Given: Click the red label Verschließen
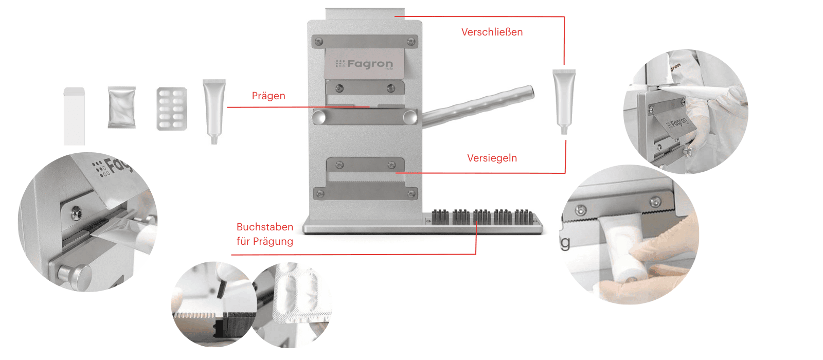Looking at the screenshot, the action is [x=492, y=32].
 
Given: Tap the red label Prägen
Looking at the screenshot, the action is [x=269, y=96].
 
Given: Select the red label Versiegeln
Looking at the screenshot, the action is [x=492, y=158].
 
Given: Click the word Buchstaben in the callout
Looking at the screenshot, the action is [x=265, y=227].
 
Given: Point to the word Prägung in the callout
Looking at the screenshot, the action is [x=273, y=242].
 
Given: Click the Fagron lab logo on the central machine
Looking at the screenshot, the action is [x=364, y=64].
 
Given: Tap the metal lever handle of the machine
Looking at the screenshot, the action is [x=478, y=106].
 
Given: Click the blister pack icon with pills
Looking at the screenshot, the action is [x=172, y=109].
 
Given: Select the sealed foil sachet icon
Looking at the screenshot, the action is [x=121, y=107].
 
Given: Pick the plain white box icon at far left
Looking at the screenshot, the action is [x=74, y=116].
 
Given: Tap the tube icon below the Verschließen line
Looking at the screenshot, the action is [x=564, y=102].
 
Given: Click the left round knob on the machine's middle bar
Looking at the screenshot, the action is [x=318, y=117].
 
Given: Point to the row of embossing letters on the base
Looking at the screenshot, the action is [x=482, y=217].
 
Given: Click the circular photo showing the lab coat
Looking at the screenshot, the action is [x=686, y=112].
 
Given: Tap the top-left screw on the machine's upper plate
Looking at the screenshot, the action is [x=319, y=42].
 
